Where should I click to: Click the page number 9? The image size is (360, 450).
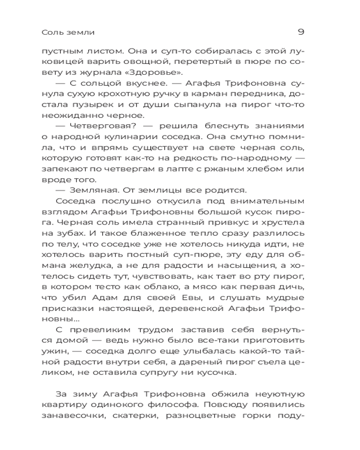[301, 32]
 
